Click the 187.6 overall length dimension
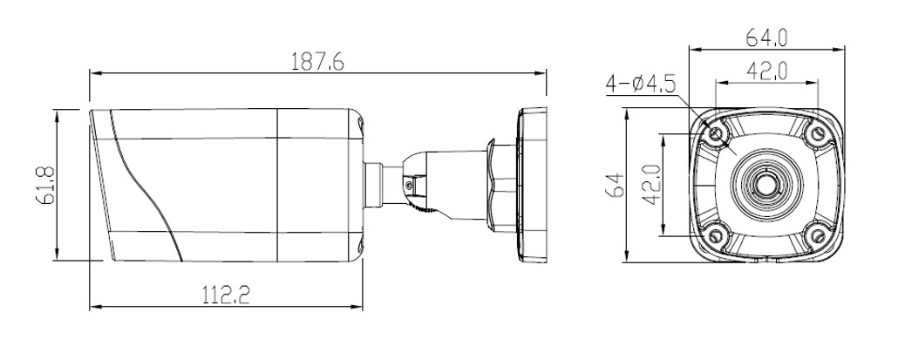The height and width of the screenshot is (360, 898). (x=316, y=62)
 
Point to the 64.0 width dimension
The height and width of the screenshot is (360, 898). (x=767, y=37)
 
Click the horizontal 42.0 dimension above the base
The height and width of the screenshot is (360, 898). (x=767, y=72)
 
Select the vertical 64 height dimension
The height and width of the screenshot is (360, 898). (x=615, y=185)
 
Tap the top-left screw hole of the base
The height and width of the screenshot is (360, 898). (x=718, y=133)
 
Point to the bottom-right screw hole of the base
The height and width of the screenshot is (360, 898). (x=816, y=234)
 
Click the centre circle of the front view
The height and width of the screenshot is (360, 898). (x=766, y=184)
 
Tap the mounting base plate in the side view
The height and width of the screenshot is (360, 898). (x=530, y=185)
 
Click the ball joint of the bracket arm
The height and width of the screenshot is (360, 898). (x=413, y=179)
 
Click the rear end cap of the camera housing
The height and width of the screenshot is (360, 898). (x=358, y=185)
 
